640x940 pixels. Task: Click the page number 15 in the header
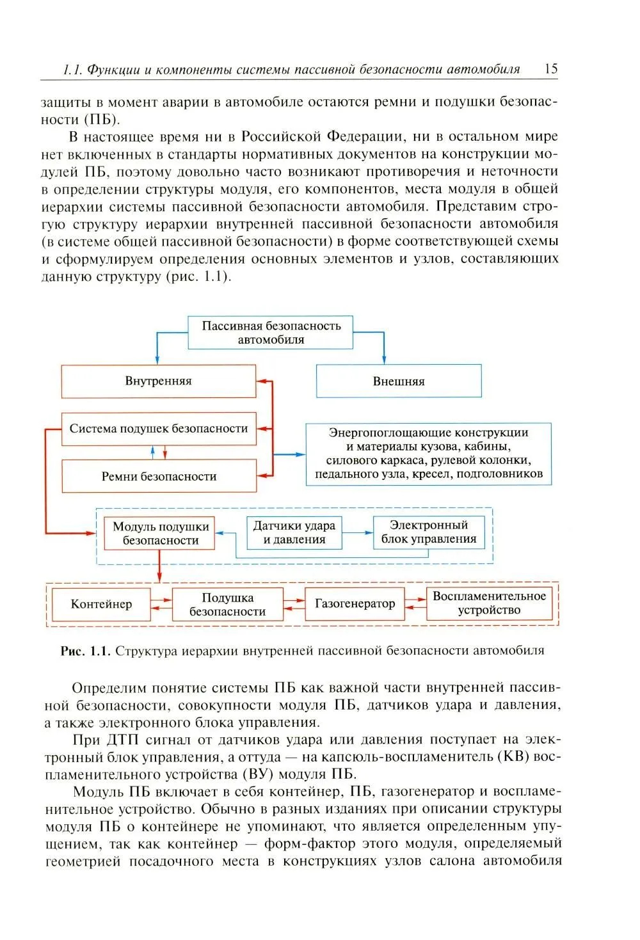click(550, 69)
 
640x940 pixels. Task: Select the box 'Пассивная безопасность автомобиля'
click(271, 333)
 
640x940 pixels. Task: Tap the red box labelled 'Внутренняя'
click(158, 381)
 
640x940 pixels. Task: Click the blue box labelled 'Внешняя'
click(399, 381)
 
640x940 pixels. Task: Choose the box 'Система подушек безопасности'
click(158, 429)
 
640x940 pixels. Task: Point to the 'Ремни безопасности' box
click(158, 476)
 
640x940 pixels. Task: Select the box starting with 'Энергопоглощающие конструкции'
click(428, 453)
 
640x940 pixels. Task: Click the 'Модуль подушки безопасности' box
click(160, 533)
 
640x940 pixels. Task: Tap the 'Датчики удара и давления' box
click(294, 532)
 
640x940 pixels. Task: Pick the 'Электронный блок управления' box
click(429, 532)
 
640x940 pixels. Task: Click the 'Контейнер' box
click(101, 604)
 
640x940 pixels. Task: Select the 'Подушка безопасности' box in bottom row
click(227, 605)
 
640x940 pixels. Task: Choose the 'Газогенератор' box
click(355, 603)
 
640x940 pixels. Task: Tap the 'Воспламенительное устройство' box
click(489, 603)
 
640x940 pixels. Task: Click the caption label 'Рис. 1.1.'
click(86, 651)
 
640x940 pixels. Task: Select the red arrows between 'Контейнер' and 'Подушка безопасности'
click(161, 605)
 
